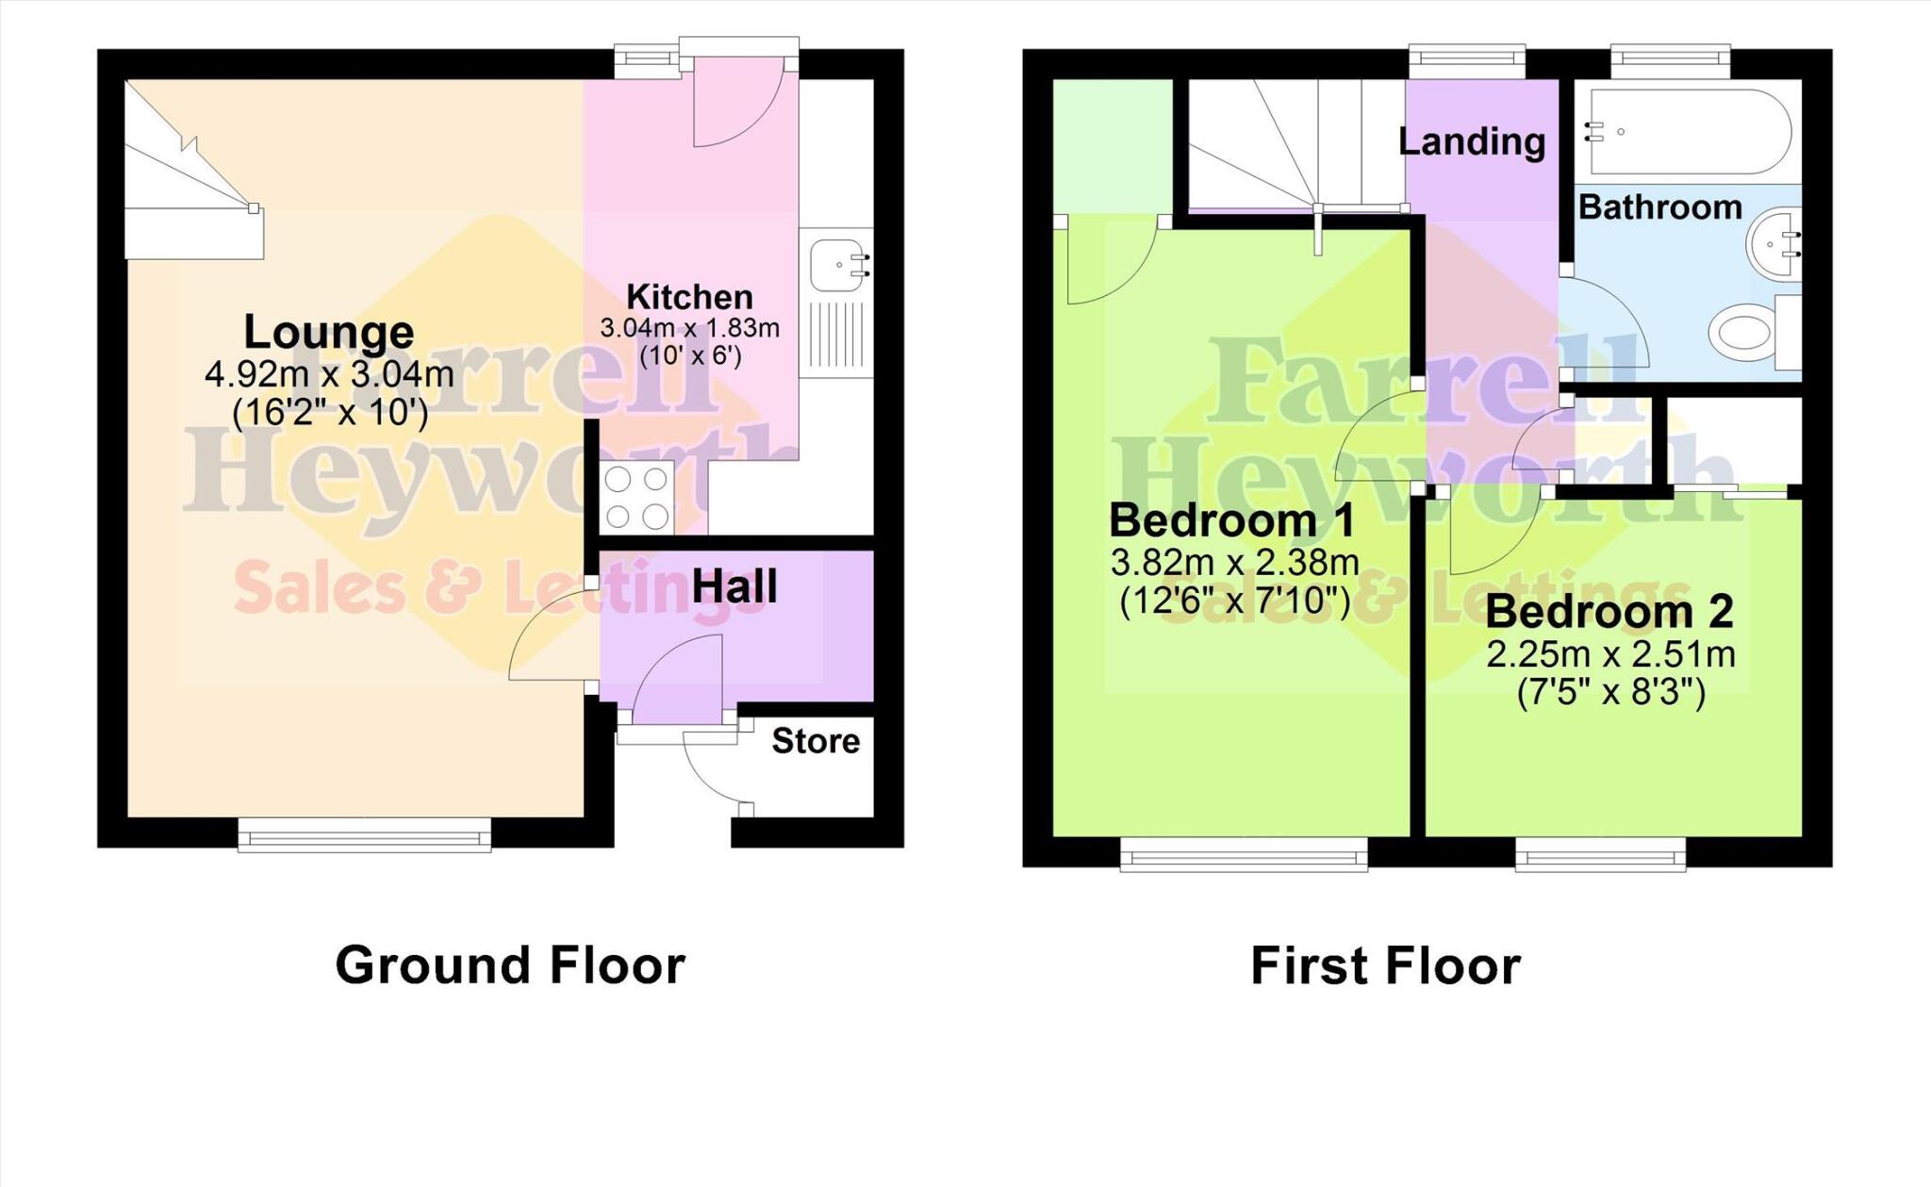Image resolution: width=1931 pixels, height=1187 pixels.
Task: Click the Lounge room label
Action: click(328, 332)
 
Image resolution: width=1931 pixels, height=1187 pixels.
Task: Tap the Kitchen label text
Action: click(689, 297)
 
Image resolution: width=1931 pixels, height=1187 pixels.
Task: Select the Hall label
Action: click(734, 586)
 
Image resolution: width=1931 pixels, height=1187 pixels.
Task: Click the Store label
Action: click(816, 741)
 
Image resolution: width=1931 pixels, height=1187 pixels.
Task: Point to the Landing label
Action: click(1471, 141)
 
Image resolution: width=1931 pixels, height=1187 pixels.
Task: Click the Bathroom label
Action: click(1659, 206)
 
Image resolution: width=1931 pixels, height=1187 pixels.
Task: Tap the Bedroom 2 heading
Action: click(1609, 612)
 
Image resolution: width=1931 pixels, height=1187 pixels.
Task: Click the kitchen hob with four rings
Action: click(636, 498)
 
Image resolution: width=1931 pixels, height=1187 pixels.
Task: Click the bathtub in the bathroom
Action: click(1688, 132)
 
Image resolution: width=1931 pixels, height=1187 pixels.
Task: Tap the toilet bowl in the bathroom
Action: click(1741, 333)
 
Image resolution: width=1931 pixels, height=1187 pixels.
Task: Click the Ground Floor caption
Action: click(510, 965)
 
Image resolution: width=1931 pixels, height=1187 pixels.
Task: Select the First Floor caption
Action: click(1385, 965)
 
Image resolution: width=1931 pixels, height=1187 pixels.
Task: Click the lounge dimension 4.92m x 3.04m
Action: click(329, 374)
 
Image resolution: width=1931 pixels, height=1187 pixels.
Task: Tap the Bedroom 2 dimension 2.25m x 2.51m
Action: click(1610, 653)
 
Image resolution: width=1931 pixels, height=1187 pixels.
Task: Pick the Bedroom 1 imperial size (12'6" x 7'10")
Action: click(1234, 601)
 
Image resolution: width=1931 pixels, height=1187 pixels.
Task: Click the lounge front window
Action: click(364, 834)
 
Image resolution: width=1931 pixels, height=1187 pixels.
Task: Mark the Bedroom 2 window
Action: click(1600, 854)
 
